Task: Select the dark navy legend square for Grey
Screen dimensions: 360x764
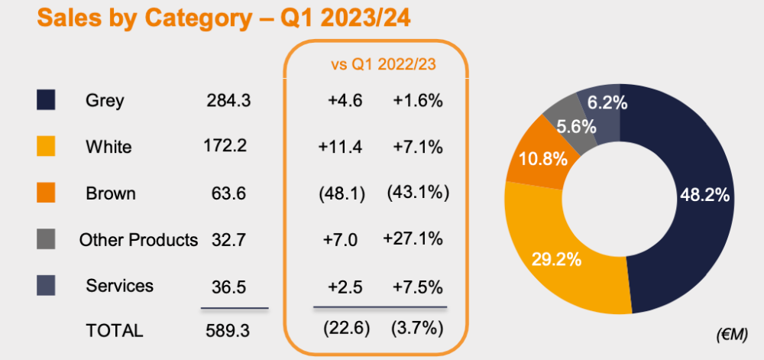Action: [47, 100]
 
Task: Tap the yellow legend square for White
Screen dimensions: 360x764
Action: [47, 147]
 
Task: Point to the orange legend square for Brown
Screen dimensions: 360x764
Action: [47, 193]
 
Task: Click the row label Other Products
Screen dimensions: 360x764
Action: [138, 240]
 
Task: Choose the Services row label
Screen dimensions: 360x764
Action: [120, 286]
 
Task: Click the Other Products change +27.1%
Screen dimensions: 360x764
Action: [413, 238]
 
